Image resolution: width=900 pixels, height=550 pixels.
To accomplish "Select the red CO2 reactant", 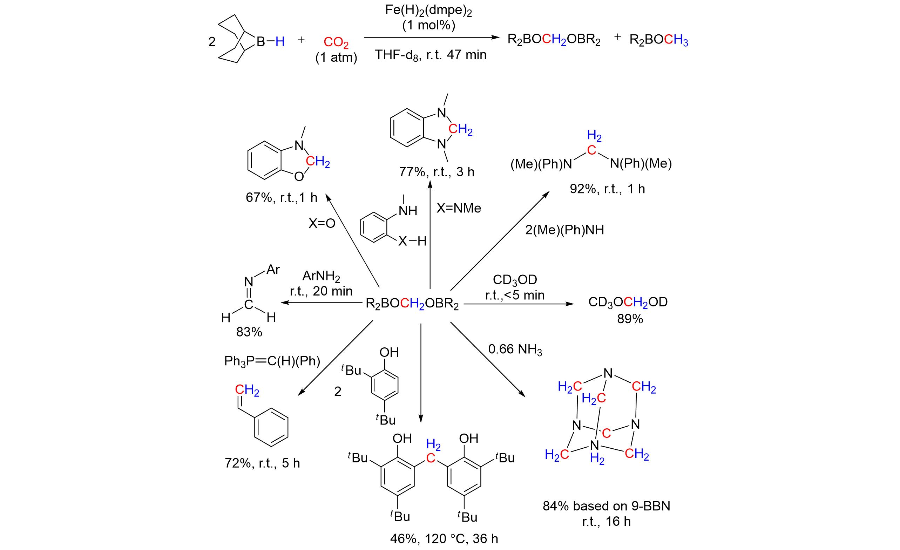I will point(336,43).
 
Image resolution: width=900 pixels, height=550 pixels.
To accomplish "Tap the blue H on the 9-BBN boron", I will point(280,42).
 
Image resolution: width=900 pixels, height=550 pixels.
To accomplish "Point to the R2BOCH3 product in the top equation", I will point(658,40).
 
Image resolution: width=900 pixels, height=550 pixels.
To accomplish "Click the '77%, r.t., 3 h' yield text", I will point(437,172).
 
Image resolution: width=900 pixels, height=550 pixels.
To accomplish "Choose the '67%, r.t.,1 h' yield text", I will point(282,198).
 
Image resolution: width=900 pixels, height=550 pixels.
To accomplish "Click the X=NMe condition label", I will point(459,208).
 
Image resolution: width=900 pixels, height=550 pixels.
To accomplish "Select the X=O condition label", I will point(322,224).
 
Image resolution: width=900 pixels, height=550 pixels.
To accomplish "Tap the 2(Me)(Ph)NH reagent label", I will point(564,230).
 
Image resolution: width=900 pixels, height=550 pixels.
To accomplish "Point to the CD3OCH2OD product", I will point(628,303).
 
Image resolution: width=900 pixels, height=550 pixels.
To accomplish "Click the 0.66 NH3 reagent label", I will point(515,349).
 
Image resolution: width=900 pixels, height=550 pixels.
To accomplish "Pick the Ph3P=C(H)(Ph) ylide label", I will point(272,361).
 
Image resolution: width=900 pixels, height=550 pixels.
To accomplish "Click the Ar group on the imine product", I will point(273,270).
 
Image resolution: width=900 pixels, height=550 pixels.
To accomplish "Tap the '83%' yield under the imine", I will point(249,332).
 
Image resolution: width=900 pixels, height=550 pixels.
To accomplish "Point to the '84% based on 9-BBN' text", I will point(606,506).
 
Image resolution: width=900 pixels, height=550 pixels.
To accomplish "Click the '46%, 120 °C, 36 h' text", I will point(444,539).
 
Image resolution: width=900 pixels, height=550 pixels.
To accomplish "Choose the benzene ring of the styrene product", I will point(271,427).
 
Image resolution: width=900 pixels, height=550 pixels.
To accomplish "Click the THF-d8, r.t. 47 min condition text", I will point(431,55).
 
